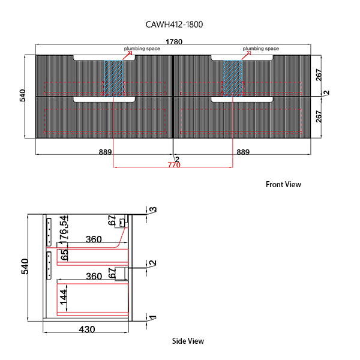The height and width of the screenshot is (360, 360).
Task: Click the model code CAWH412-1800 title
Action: [178, 25]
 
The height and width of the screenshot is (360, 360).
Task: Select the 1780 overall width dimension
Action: [174, 41]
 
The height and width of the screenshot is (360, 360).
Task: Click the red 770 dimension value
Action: [173, 165]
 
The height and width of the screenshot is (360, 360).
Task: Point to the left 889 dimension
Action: [106, 152]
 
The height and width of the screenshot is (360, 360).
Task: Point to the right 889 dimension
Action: [243, 152]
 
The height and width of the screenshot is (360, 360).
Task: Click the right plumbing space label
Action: [261, 48]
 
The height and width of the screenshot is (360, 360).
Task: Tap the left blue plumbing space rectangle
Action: [113, 77]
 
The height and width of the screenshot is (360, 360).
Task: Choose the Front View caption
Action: [283, 185]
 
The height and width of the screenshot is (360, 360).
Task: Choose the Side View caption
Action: [188, 341]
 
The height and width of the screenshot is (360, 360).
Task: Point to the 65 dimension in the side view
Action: [64, 254]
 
